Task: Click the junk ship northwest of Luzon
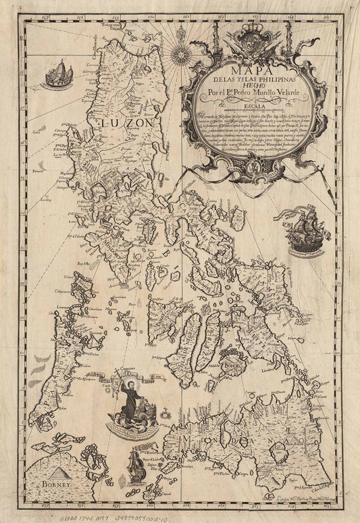(58, 75)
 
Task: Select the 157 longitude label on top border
(43, 19)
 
